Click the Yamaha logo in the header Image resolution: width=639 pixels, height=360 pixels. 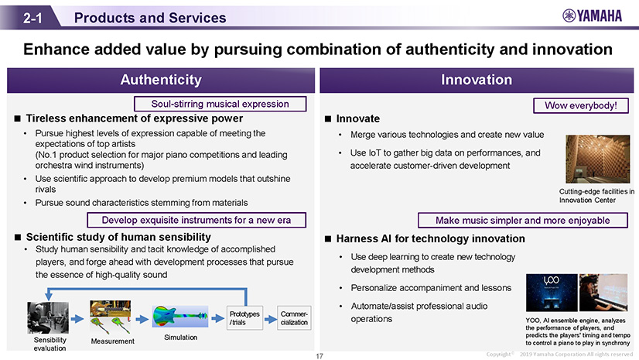[x=592, y=16]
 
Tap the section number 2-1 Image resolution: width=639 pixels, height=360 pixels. [x=32, y=18]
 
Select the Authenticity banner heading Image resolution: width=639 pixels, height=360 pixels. [x=161, y=80]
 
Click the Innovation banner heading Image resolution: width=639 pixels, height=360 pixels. [x=477, y=80]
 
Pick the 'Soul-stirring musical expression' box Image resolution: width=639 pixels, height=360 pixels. [x=220, y=104]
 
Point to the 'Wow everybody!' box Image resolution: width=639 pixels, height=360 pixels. [x=581, y=105]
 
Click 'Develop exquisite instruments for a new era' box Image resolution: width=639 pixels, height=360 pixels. [x=196, y=220]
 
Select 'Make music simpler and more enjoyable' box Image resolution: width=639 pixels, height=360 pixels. [x=523, y=221]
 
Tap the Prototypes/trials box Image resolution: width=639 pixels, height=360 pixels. [x=244, y=318]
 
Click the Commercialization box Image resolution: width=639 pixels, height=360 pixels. [x=294, y=318]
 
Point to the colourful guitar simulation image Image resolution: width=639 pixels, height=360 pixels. [x=180, y=317]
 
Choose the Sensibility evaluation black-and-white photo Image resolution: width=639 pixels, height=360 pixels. [x=48, y=318]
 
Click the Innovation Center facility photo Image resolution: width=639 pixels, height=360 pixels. [x=597, y=159]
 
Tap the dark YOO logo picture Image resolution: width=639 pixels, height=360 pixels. [x=552, y=293]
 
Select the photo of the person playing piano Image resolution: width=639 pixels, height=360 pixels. [x=603, y=293]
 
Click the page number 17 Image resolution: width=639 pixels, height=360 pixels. [x=319, y=356]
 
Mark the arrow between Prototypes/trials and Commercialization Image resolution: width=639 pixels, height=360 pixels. [x=270, y=319]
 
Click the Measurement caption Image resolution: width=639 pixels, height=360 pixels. [x=112, y=341]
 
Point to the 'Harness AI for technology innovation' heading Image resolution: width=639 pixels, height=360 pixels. [x=430, y=239]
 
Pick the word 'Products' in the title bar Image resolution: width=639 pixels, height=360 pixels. [x=104, y=18]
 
